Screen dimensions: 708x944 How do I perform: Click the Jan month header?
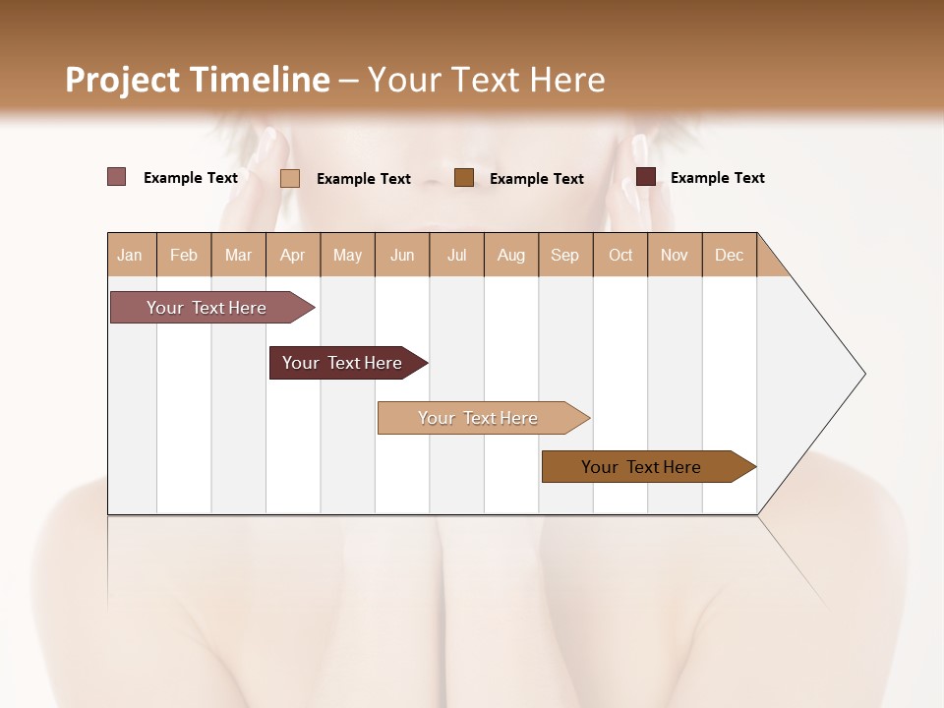coord(131,255)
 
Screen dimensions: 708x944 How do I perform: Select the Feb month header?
coord(184,255)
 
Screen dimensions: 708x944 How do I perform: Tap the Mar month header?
coord(238,255)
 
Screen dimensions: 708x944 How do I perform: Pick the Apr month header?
coord(293,255)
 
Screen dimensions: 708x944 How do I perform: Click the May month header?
coord(347,255)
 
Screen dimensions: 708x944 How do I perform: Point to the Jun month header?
coord(402,255)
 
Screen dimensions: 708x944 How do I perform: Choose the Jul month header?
coord(456,255)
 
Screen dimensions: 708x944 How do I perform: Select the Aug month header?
coord(511,255)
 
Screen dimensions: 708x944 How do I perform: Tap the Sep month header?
coord(565,255)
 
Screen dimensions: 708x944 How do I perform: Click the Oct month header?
coord(620,255)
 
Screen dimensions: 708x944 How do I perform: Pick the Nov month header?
coord(675,255)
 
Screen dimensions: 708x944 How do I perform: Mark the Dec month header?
coord(730,255)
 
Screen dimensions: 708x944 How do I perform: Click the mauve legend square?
coord(117,177)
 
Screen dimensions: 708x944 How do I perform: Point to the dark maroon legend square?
coord(646,177)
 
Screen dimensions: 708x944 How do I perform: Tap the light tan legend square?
coord(290,178)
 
